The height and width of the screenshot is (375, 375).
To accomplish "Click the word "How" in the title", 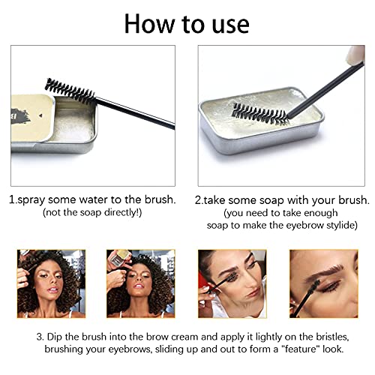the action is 149,24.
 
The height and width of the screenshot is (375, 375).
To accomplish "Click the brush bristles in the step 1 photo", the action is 70,90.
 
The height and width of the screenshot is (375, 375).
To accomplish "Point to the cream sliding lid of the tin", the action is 32,118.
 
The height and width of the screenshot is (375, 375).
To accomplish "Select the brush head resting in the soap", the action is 260,114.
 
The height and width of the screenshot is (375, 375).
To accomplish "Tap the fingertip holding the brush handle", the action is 355,55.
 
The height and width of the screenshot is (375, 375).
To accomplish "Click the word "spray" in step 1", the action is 31,200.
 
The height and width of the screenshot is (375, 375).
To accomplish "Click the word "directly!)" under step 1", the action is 123,213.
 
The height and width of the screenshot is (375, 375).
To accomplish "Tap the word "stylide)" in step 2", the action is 342,225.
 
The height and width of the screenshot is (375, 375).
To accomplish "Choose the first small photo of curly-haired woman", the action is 51,283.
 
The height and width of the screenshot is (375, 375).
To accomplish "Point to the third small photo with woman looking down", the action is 232,283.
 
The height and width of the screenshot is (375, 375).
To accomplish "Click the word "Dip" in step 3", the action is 53,337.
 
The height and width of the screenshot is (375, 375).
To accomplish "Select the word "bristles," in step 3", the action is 332,337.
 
